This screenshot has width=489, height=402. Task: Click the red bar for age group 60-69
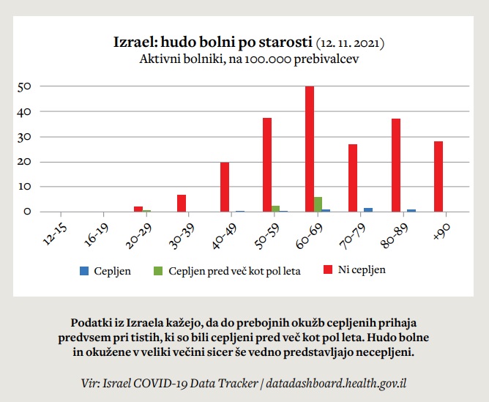click(x=310, y=149)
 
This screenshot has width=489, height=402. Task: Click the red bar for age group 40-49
click(x=225, y=187)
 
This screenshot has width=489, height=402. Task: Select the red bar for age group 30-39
click(x=182, y=204)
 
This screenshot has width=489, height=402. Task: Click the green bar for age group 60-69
click(x=318, y=204)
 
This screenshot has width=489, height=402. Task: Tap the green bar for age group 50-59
click(x=275, y=209)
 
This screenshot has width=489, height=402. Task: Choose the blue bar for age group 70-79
click(x=368, y=209)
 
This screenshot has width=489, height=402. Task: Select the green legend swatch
click(x=157, y=271)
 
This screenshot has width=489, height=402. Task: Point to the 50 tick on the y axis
click(x=25, y=86)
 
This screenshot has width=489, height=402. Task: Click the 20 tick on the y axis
click(x=25, y=162)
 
